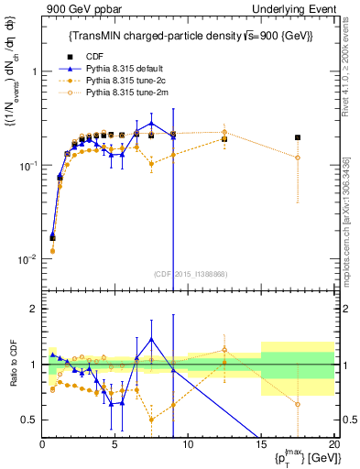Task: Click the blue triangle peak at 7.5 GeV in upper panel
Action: [151, 123]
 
